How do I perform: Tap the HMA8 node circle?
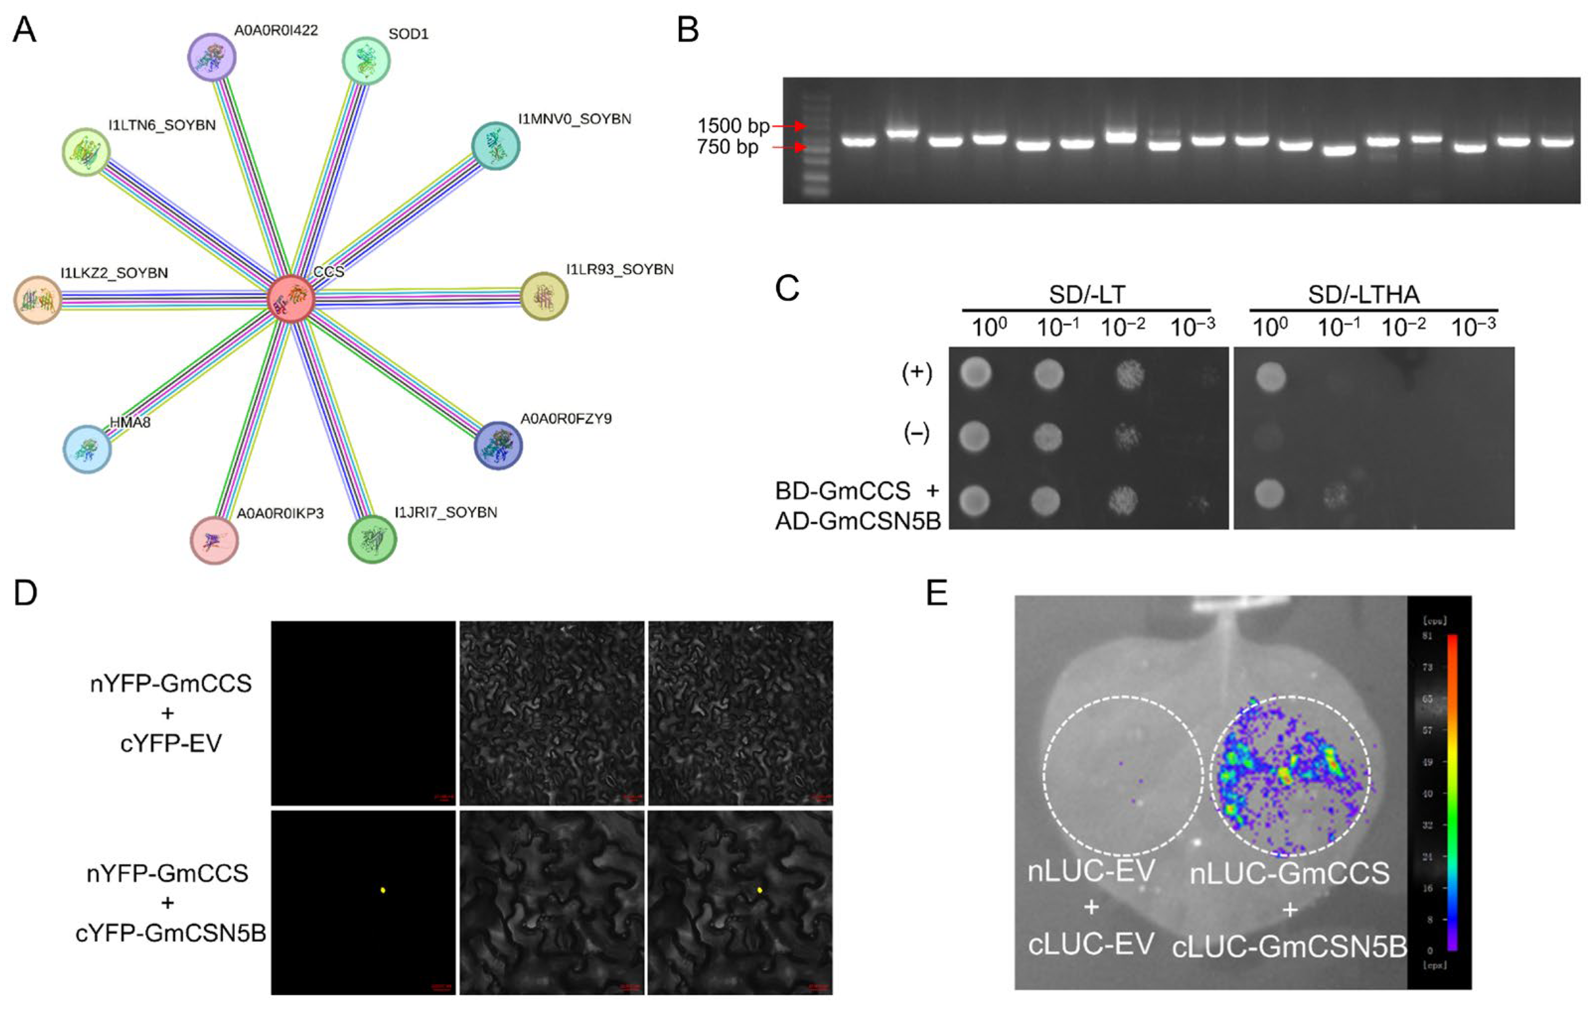click(x=87, y=449)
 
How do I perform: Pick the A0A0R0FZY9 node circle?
click(x=498, y=445)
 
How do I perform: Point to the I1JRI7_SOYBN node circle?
click(x=372, y=539)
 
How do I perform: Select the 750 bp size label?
click(x=727, y=147)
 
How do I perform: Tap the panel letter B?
click(x=688, y=30)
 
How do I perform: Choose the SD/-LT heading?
click(x=1086, y=294)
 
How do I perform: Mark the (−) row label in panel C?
click(x=917, y=434)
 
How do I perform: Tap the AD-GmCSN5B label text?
click(x=858, y=521)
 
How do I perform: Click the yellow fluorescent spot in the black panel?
click(x=383, y=890)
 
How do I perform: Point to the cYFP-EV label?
click(x=171, y=743)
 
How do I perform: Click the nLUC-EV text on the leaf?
click(x=1091, y=872)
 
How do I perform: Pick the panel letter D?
click(x=25, y=593)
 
